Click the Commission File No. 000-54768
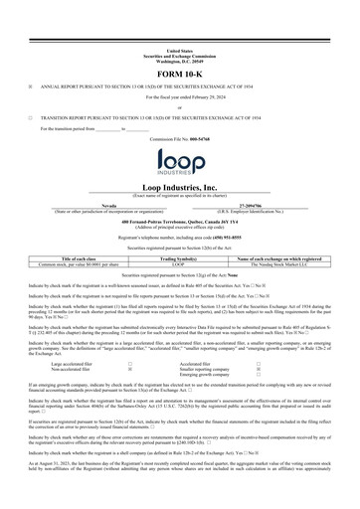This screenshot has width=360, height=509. click(x=180, y=137)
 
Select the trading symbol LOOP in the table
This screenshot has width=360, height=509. click(x=180, y=262)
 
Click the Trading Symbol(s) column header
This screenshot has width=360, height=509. click(x=180, y=257)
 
